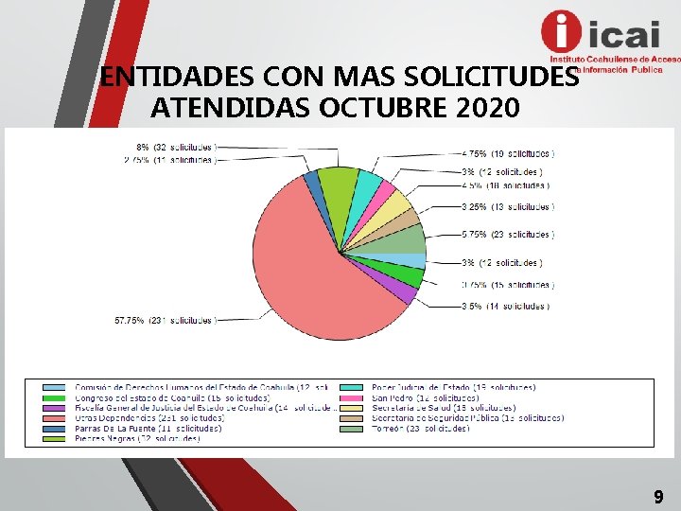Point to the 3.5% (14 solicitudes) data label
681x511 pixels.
click(506, 307)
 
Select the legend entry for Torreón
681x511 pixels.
click(420, 429)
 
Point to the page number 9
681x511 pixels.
click(658, 495)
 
